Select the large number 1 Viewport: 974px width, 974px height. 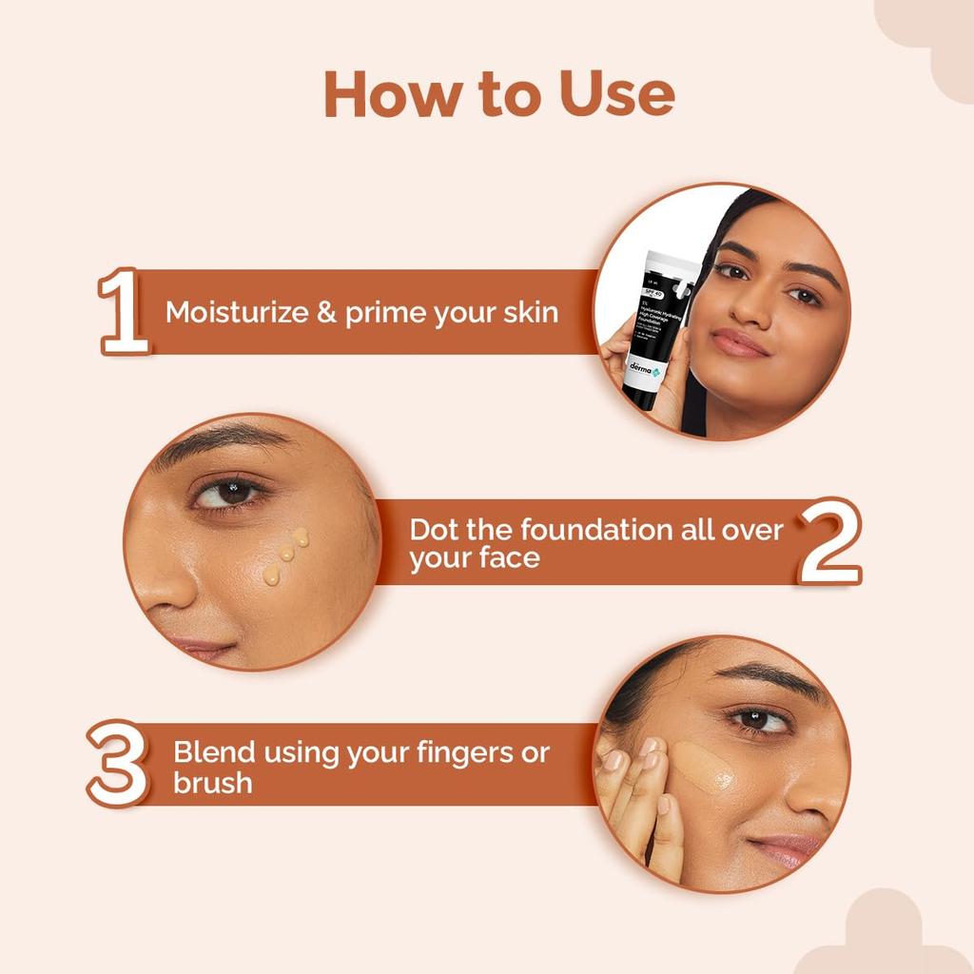click(x=123, y=311)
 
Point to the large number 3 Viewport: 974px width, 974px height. click(x=118, y=764)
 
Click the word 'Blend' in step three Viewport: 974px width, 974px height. click(x=214, y=753)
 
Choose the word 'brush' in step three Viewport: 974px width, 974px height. click(x=212, y=784)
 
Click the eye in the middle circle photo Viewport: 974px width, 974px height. click(x=228, y=493)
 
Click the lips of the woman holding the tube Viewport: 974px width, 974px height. click(x=739, y=344)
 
